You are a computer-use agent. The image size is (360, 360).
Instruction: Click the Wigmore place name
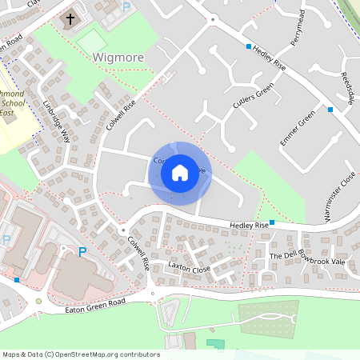[x=118, y=58]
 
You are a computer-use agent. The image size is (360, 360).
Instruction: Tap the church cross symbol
[x=70, y=18]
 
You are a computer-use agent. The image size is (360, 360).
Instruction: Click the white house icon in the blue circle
[x=180, y=172]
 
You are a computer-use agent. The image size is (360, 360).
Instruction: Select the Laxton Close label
[x=190, y=266]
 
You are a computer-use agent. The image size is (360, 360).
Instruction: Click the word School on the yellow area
[x=12, y=103]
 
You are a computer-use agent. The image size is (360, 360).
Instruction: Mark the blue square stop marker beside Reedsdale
[x=330, y=109]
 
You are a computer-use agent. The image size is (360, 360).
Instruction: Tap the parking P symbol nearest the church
[x=126, y=7]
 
